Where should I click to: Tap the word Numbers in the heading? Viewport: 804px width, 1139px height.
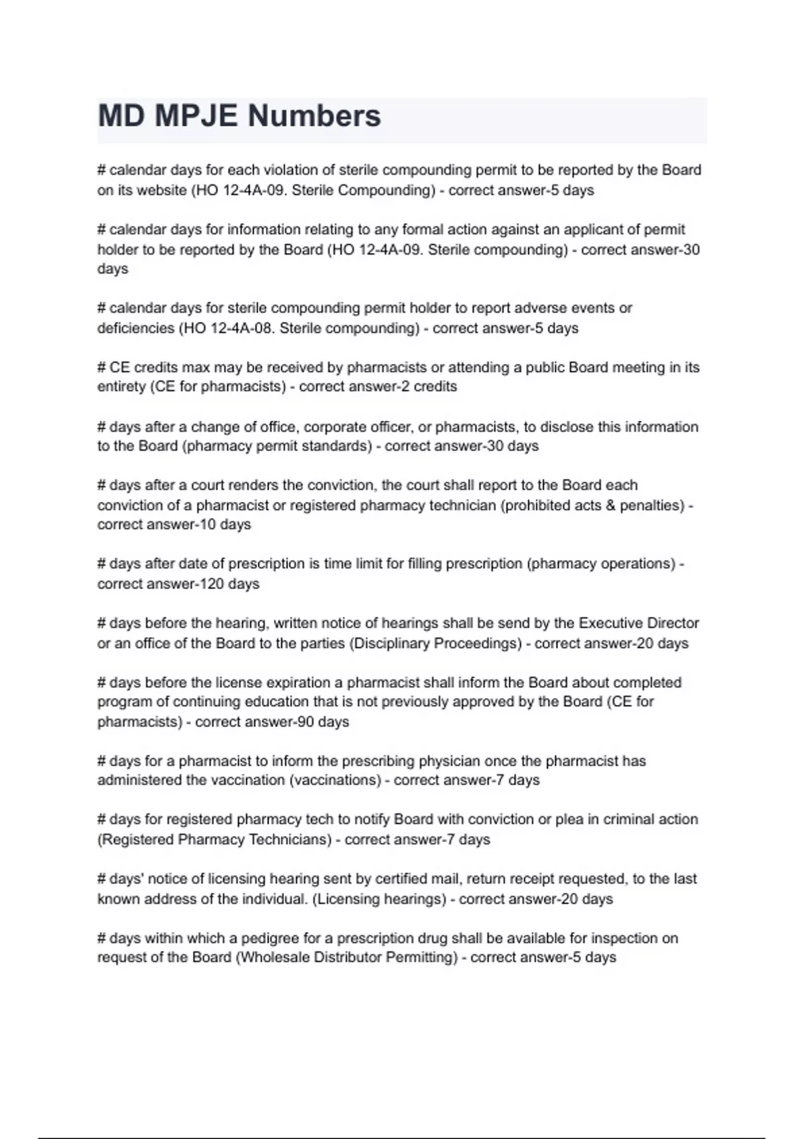coord(314,116)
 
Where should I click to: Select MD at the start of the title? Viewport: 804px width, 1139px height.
coord(122,116)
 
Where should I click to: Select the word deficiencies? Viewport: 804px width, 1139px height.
coord(135,328)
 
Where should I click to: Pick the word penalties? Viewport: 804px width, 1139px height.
coord(651,505)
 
